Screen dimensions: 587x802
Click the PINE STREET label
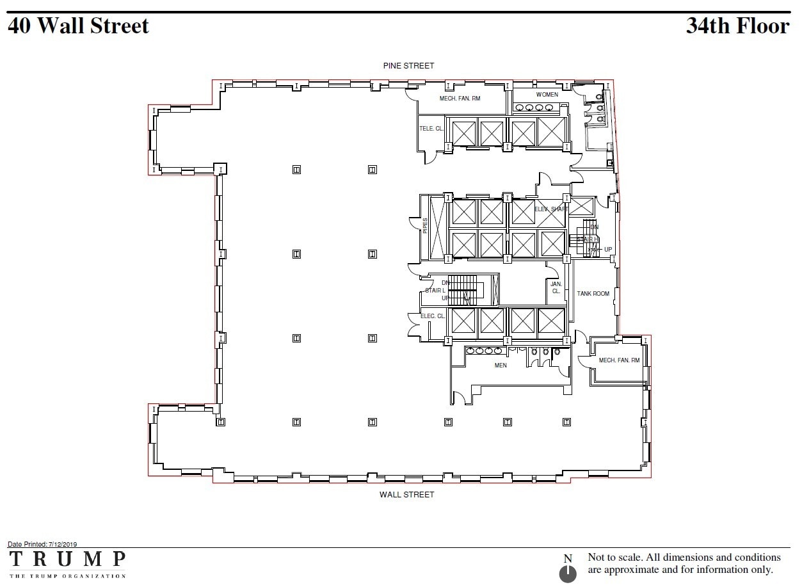tap(408, 66)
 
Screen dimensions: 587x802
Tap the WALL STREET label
tap(406, 495)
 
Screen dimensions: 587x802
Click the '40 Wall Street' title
tap(78, 26)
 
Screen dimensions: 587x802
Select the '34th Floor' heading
tap(737, 26)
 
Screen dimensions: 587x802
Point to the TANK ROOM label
tap(593, 294)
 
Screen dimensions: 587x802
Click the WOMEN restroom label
tap(547, 95)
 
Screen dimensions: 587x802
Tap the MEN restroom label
tap(501, 366)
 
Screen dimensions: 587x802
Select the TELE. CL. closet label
tap(431, 129)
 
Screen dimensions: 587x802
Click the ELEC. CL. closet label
tap(433, 316)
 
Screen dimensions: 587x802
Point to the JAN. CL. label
tap(556, 287)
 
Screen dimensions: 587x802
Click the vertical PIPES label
tap(425, 225)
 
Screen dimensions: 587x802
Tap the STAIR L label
tap(435, 291)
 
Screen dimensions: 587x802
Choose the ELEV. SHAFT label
tap(550, 209)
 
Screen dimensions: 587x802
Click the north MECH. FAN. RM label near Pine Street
tap(460, 99)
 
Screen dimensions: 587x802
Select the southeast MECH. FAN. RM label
tap(619, 360)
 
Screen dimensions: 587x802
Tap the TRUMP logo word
tap(67, 559)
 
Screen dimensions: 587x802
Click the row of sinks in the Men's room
tap(485, 350)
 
